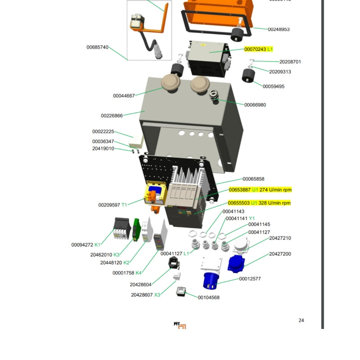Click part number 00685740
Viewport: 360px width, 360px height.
[97, 47]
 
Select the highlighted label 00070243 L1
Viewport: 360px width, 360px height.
[258, 49]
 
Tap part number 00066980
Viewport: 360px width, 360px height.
[255, 105]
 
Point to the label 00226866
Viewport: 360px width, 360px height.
[112, 116]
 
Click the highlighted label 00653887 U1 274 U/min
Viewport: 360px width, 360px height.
[260, 190]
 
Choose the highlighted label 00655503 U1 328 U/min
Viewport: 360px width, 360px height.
[259, 203]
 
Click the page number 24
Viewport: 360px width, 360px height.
[301, 320]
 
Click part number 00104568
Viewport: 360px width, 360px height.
[208, 297]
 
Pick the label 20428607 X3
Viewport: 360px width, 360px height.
[145, 295]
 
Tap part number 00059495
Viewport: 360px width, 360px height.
[273, 86]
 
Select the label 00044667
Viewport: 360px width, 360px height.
[124, 96]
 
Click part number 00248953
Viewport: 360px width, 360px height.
[279, 29]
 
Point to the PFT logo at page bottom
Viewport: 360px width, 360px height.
[180, 325]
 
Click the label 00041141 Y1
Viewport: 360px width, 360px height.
[240, 218]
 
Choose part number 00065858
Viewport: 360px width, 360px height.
[253, 179]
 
